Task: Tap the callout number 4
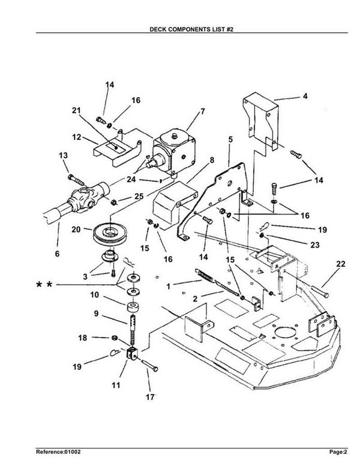coord(305,95)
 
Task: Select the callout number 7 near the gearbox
coord(202,111)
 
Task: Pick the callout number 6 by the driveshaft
coord(58,254)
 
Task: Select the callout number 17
coord(149,396)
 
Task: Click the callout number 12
coord(76,137)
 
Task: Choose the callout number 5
coord(229,139)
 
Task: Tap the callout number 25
coord(139,195)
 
